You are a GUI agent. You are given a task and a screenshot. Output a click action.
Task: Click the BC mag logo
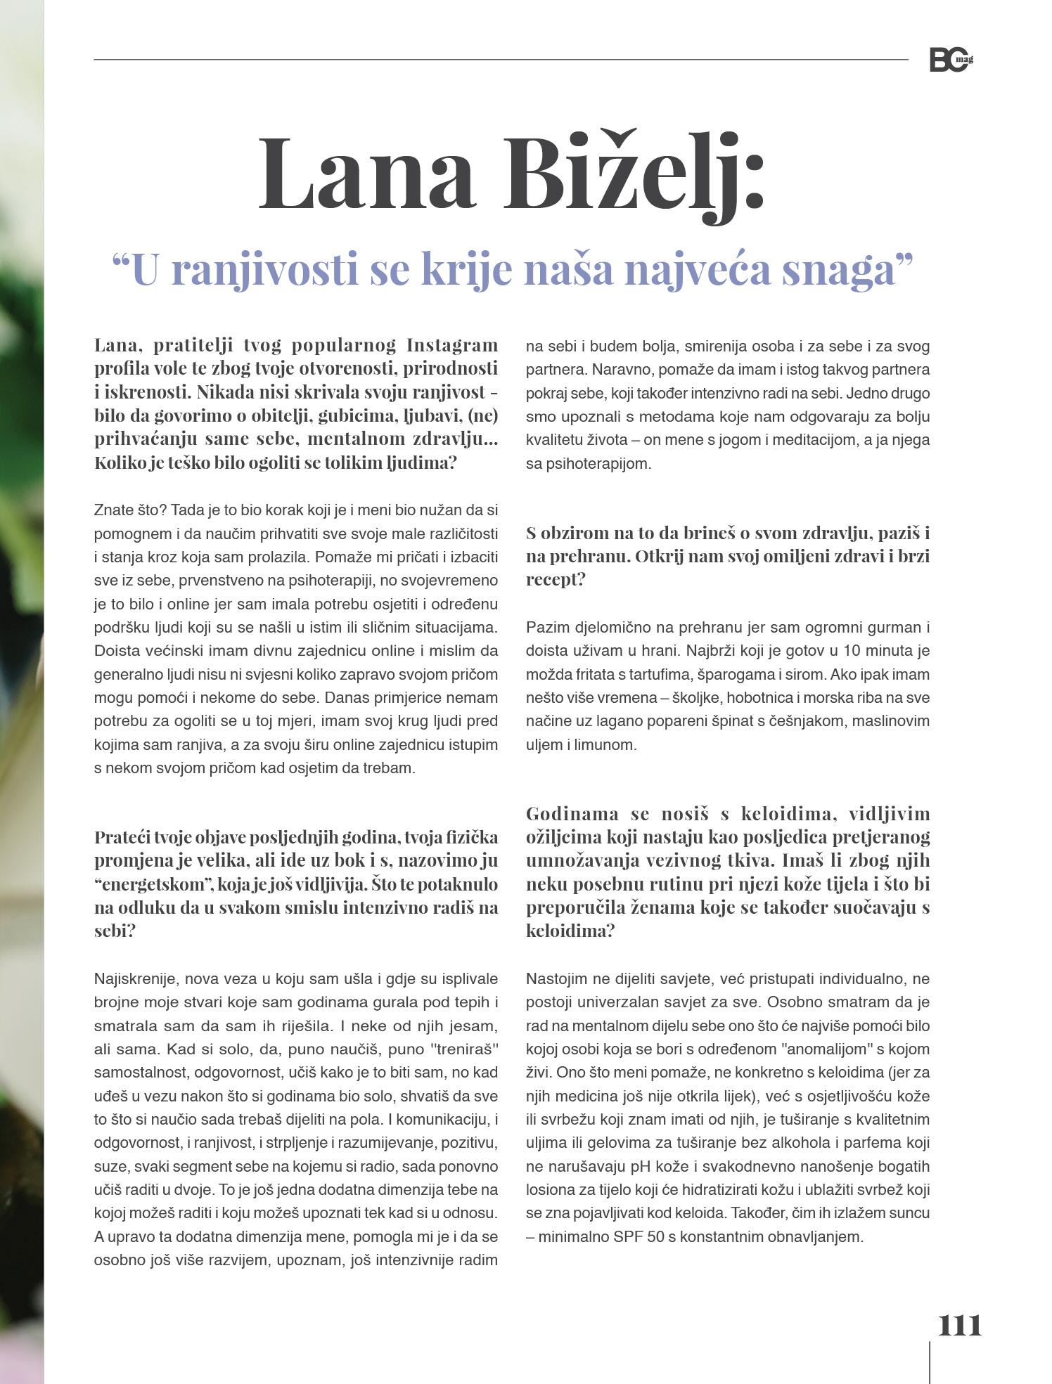tap(951, 60)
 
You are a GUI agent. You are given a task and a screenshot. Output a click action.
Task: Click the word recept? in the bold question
tap(556, 579)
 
